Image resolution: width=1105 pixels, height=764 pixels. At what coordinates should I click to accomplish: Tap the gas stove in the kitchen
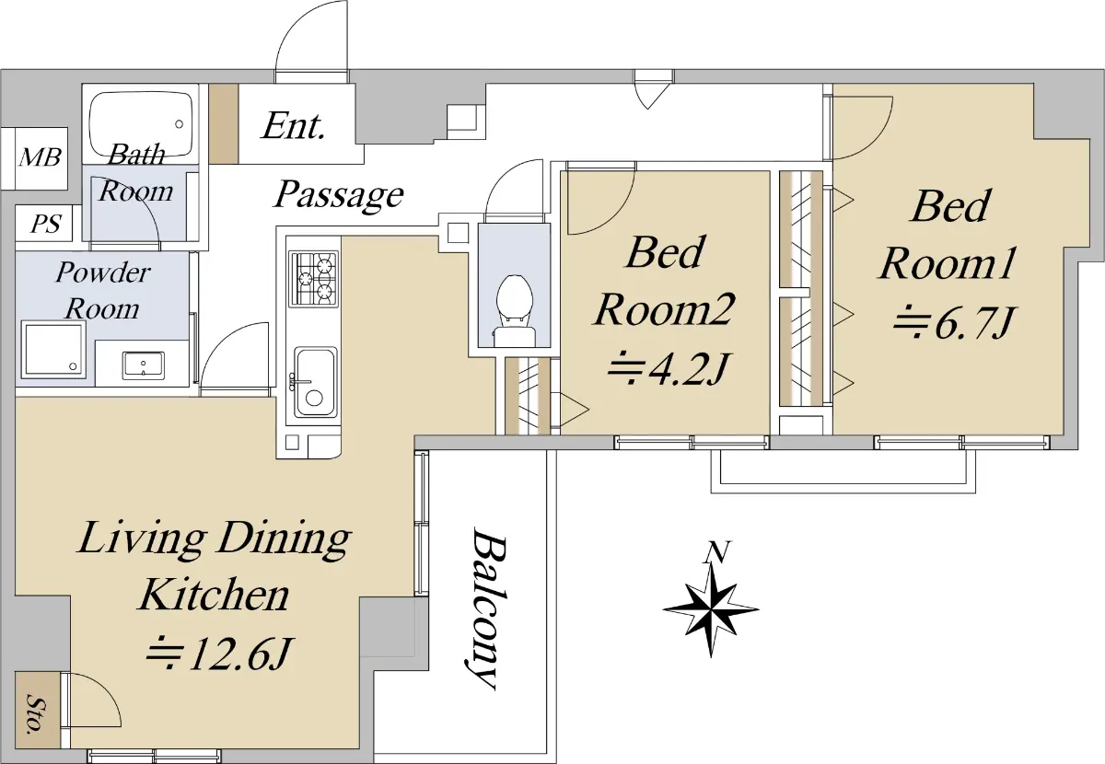click(314, 278)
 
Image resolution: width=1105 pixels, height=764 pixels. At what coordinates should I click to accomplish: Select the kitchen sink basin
click(316, 382)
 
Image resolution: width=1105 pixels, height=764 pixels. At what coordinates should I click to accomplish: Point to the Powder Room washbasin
click(143, 365)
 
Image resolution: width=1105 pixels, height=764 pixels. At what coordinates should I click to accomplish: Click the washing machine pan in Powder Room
click(53, 348)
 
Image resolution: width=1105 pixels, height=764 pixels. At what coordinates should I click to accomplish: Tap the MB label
click(41, 157)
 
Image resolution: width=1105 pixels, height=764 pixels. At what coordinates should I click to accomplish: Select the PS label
click(45, 225)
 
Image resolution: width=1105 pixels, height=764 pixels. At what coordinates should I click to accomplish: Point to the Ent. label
click(294, 126)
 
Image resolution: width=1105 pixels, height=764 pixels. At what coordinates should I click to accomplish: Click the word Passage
click(339, 196)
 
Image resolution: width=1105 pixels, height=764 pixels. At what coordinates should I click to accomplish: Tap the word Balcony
click(487, 608)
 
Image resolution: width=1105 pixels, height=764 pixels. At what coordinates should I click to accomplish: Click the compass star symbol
click(711, 610)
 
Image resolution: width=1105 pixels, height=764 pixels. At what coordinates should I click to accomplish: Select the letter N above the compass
click(717, 551)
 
